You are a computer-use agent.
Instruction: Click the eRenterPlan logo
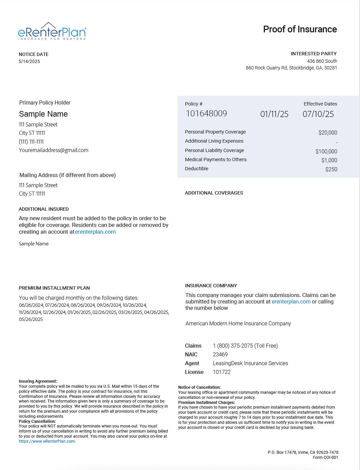(52, 31)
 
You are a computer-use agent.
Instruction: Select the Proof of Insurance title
(300, 29)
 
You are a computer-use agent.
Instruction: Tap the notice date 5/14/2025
(29, 61)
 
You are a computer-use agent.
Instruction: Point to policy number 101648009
(206, 114)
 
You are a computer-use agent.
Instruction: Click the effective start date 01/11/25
(274, 114)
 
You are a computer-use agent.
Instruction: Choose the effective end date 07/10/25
(318, 114)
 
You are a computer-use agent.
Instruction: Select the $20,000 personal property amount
(328, 133)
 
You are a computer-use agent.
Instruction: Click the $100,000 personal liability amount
(326, 151)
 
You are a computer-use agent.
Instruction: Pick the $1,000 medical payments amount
(329, 160)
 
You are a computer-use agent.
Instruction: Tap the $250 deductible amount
(331, 169)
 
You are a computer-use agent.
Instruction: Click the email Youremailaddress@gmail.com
(54, 150)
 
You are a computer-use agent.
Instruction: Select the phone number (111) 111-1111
(31, 142)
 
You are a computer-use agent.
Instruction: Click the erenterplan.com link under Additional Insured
(95, 232)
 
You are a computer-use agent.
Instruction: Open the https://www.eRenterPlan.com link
(47, 441)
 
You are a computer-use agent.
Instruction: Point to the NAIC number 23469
(220, 354)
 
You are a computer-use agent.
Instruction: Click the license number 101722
(222, 372)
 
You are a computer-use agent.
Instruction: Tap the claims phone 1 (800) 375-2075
(245, 346)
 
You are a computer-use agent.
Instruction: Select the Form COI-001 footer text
(325, 458)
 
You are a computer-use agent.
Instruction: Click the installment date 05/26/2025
(31, 319)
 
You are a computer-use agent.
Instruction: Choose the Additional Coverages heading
(214, 193)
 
